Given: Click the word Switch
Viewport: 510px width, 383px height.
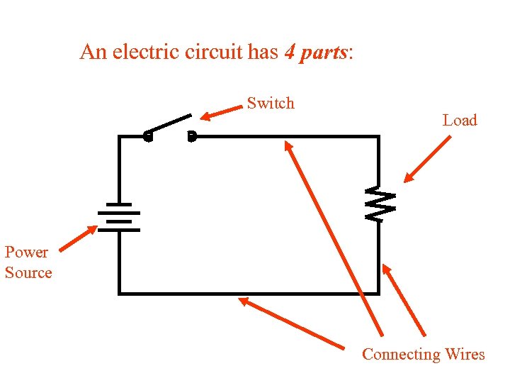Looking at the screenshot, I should coord(270,104).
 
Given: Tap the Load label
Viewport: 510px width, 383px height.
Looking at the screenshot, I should coord(460,121).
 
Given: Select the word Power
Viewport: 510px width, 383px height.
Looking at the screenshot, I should coord(26,252).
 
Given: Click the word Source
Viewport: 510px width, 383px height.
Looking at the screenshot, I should coord(28,273).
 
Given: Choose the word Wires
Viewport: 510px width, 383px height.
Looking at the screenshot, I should coord(465,355).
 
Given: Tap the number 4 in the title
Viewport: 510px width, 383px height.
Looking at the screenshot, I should coord(289,52).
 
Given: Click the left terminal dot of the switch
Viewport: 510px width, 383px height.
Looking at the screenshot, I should coord(147,136).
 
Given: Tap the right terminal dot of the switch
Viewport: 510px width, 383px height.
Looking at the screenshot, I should coord(191,136).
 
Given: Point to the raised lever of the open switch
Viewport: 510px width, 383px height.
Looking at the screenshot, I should coord(169,124).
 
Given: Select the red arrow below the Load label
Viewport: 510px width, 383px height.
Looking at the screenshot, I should coord(427,160).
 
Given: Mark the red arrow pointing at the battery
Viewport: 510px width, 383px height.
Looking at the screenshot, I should coord(78,238).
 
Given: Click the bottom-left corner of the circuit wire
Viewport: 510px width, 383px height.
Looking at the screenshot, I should coord(119,292).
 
